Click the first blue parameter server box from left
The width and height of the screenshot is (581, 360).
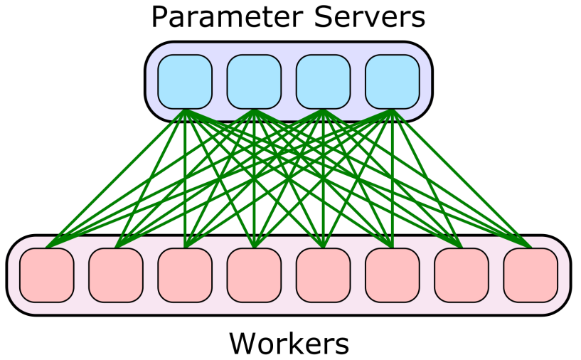click(x=185, y=82)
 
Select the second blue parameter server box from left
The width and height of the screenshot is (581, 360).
click(x=254, y=82)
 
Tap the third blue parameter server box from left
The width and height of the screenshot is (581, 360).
click(x=323, y=82)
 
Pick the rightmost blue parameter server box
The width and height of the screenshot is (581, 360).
click(x=392, y=82)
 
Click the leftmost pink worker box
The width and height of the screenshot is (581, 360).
click(x=47, y=275)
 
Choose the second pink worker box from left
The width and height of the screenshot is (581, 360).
click(x=116, y=275)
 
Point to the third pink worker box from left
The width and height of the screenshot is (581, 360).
click(x=185, y=275)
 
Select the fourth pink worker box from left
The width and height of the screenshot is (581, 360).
click(x=254, y=275)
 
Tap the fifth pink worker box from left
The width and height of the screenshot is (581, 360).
click(x=323, y=275)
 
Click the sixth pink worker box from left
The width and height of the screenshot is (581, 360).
click(x=392, y=275)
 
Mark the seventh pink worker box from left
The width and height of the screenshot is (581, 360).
click(x=461, y=275)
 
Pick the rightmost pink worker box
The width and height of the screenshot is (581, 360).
click(x=530, y=275)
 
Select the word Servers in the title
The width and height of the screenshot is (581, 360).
click(x=371, y=17)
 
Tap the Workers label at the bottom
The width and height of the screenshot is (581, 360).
click(x=289, y=343)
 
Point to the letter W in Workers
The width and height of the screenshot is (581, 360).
click(x=242, y=343)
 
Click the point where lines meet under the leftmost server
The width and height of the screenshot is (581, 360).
click(x=185, y=110)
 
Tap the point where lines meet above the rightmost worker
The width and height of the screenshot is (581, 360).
click(x=530, y=248)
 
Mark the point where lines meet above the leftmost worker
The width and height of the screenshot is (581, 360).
click(x=47, y=248)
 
